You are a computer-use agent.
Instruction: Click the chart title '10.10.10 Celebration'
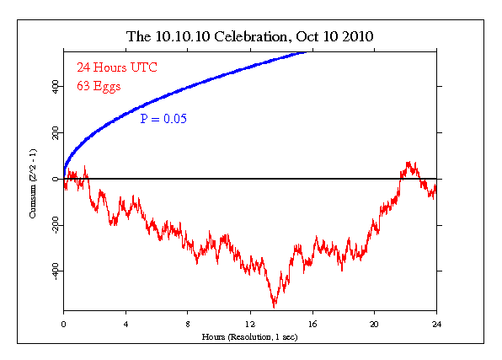pyautogui.click(x=222, y=37)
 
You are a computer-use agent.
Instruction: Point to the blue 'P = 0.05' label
pyautogui.click(x=163, y=119)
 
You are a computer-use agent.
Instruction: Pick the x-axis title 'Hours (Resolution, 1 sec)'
pyautogui.click(x=249, y=336)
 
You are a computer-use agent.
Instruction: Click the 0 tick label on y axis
pyautogui.click(x=53, y=179)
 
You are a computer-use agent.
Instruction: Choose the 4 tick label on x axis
pyautogui.click(x=125, y=324)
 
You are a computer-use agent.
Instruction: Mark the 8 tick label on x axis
pyautogui.click(x=188, y=324)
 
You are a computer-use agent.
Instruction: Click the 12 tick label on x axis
pyautogui.click(x=249, y=324)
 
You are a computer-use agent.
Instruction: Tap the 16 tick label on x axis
pyautogui.click(x=312, y=324)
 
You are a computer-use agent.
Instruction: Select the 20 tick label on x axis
pyautogui.click(x=374, y=324)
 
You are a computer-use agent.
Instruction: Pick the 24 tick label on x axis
pyautogui.click(x=435, y=324)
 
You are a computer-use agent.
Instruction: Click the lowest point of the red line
pyautogui.click(x=274, y=307)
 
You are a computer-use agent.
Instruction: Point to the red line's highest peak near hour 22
pyautogui.click(x=409, y=161)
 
